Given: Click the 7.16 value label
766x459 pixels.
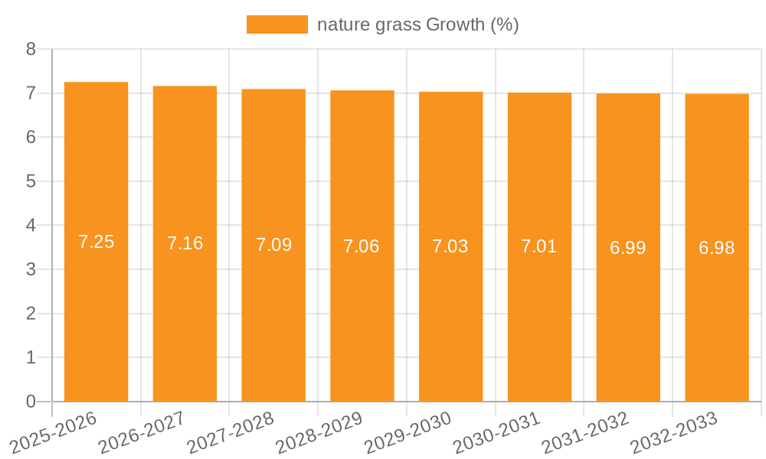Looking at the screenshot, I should pyautogui.click(x=185, y=243).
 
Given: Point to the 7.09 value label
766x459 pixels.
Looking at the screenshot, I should pyautogui.click(x=273, y=245).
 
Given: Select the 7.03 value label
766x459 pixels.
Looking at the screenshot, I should pyautogui.click(x=450, y=246).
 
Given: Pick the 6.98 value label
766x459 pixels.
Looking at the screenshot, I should pyautogui.click(x=716, y=248).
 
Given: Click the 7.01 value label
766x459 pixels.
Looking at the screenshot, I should pyautogui.click(x=539, y=246).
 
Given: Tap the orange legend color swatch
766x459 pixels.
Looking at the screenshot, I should pyautogui.click(x=277, y=24).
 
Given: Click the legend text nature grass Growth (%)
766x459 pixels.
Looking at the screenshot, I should pyautogui.click(x=417, y=24).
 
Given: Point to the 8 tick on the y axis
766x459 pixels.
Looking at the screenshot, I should pyautogui.click(x=31, y=49).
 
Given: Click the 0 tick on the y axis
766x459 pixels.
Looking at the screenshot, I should pyautogui.click(x=31, y=402).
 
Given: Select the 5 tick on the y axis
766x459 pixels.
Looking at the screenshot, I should pyautogui.click(x=31, y=181).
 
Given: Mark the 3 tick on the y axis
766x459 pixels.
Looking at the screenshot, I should pyautogui.click(x=31, y=269).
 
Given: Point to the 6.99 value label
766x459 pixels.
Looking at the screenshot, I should pyautogui.click(x=628, y=248).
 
